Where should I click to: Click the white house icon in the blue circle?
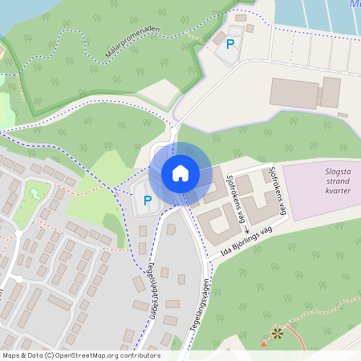(x=180, y=173)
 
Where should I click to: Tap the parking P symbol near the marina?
(x=230, y=45)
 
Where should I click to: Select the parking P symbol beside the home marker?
(x=147, y=200)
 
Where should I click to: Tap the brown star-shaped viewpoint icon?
(x=277, y=332)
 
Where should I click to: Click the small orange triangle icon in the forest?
(x=264, y=344)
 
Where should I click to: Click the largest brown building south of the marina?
(x=294, y=93)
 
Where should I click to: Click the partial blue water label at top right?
(x=355, y=4)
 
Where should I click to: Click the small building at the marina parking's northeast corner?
(x=249, y=29)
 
